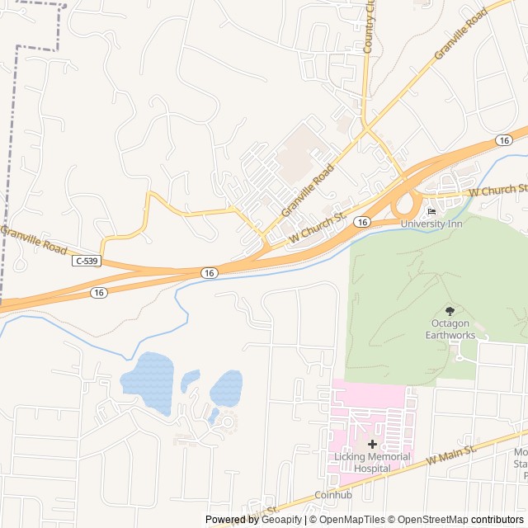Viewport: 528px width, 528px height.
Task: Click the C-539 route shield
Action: [x=85, y=261]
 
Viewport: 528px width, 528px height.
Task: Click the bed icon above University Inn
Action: [x=431, y=211]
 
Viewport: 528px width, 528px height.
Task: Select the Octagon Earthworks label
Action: [x=450, y=329]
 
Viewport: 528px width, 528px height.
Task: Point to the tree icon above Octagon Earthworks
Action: [x=450, y=311]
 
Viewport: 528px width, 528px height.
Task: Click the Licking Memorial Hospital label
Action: [x=372, y=462]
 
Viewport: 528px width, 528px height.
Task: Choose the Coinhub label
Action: [x=332, y=496]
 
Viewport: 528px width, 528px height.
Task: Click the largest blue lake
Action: [x=148, y=382]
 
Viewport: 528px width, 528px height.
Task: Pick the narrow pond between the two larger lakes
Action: [x=191, y=379]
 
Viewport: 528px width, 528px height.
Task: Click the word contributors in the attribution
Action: [x=498, y=520]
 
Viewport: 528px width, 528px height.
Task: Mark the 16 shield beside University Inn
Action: [x=361, y=223]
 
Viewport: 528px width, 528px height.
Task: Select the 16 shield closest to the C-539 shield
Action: [x=99, y=292]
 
